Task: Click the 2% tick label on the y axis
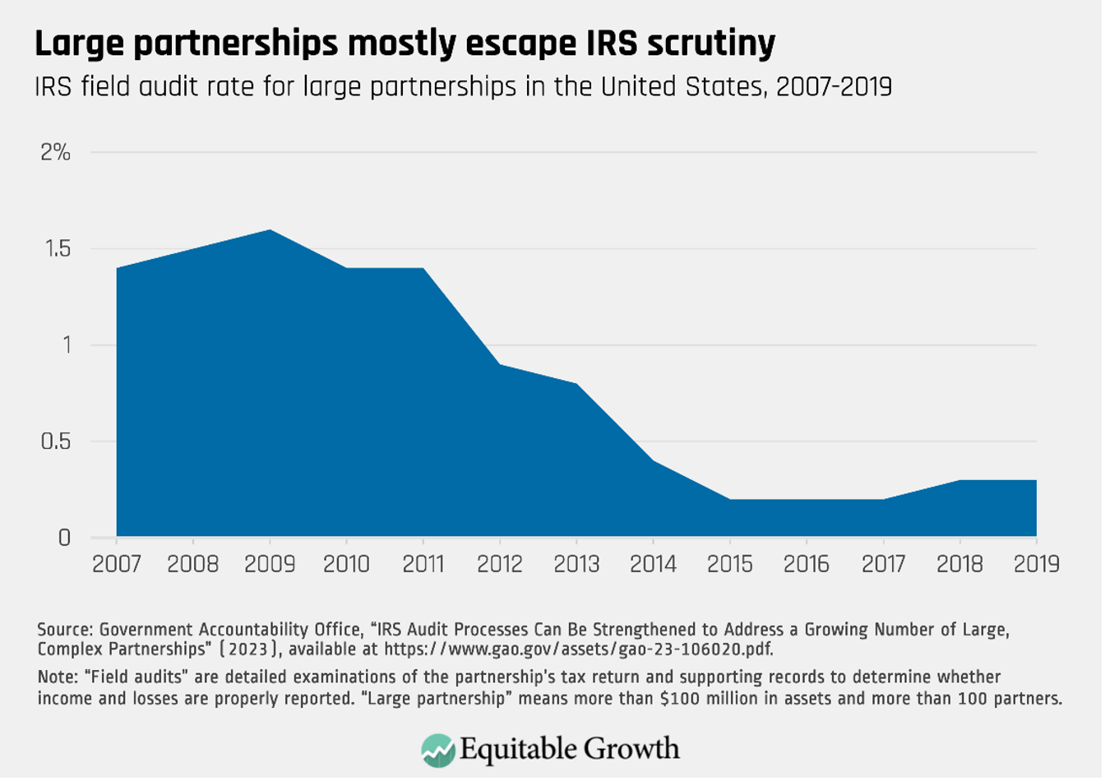point(56,153)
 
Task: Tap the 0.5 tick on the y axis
point(58,441)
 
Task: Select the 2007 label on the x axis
point(117,565)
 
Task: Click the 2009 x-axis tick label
point(270,565)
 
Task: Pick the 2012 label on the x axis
point(500,565)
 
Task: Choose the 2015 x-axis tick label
point(729,565)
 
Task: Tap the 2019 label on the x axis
point(1034,565)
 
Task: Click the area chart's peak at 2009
point(270,230)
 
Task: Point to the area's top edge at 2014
point(653,461)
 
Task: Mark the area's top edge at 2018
point(959,480)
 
